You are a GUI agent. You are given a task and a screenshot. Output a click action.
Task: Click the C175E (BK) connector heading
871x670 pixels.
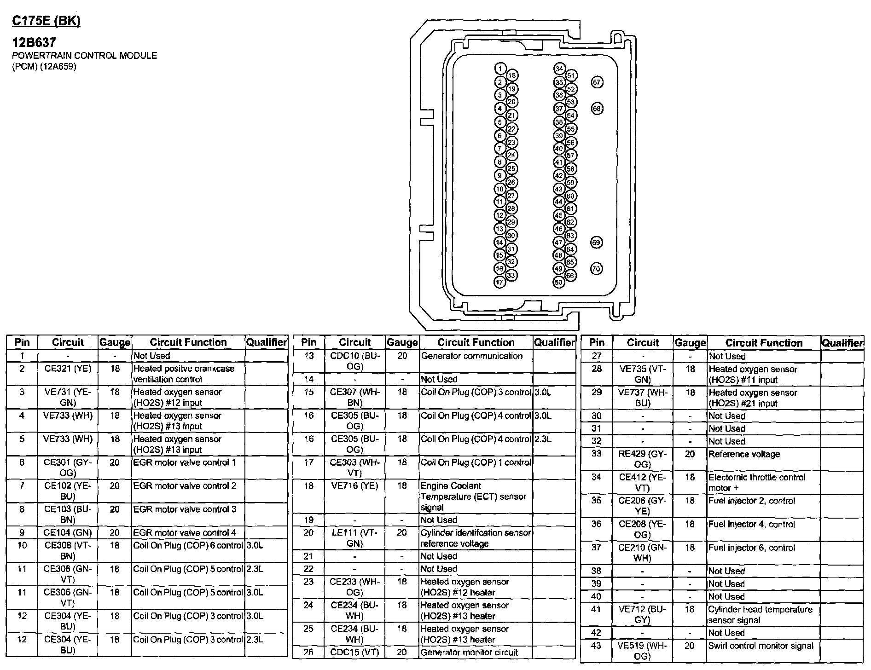coord(46,21)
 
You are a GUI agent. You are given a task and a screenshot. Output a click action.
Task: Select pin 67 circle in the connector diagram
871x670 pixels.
coord(597,82)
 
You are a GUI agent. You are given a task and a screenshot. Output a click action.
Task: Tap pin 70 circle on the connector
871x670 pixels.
coord(596,269)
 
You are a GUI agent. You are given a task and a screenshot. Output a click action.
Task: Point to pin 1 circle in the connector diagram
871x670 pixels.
coord(500,69)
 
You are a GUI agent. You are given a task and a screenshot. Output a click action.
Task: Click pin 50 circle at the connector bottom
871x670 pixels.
coord(558,282)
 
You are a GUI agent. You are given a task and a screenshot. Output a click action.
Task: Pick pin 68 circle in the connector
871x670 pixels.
coord(597,109)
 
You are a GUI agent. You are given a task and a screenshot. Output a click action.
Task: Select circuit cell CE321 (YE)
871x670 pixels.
coord(68,369)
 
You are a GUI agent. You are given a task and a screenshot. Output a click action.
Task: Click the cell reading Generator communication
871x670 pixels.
coord(471,356)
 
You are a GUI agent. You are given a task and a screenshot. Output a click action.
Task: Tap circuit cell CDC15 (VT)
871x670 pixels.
coord(354,652)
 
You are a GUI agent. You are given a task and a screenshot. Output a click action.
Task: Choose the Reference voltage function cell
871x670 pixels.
coord(744,454)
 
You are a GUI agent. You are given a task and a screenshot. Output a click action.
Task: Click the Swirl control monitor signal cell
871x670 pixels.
coord(761,646)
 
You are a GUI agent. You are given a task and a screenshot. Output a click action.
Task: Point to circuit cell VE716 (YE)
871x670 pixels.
coord(354,486)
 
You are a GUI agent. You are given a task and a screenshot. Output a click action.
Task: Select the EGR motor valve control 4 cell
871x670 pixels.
coord(185,532)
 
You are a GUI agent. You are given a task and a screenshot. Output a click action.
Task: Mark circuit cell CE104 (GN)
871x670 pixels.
coord(68,532)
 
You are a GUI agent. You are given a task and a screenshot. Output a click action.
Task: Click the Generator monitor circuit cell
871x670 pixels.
coord(469,652)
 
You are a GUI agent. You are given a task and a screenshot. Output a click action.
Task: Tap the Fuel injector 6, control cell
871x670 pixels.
coord(751,548)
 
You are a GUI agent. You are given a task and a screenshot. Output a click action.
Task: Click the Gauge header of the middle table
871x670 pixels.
coord(402,342)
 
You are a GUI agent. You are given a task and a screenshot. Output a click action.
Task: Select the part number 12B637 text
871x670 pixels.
coord(34,42)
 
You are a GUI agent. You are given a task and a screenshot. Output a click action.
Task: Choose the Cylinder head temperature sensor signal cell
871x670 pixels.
coord(761,614)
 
